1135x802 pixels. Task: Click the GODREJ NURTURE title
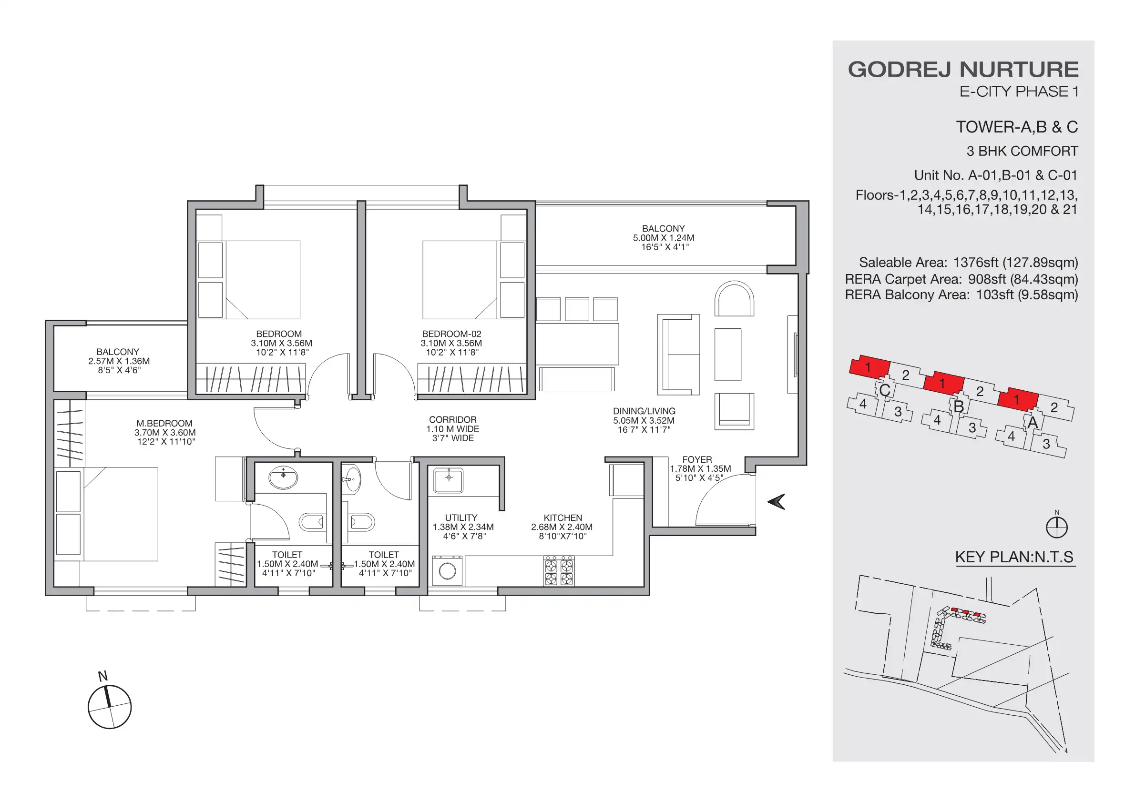963,70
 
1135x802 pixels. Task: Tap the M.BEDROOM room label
164,424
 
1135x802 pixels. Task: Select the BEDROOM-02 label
451,334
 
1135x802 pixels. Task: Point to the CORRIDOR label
453,419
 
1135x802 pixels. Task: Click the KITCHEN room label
562,518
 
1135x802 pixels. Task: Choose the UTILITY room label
461,518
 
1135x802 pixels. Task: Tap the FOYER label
697,459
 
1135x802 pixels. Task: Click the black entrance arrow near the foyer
777,502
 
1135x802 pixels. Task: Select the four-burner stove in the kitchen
559,571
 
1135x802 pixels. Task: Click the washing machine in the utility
448,571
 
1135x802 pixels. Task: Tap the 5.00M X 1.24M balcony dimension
664,238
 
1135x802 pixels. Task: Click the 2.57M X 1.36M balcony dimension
119,361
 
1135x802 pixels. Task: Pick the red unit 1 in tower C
869,366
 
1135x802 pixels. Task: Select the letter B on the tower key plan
959,406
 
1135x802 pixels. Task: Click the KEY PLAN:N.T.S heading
1014,557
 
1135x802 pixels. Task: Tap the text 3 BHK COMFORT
1022,151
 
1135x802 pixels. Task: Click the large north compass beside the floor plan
110,707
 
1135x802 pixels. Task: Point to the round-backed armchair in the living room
734,299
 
